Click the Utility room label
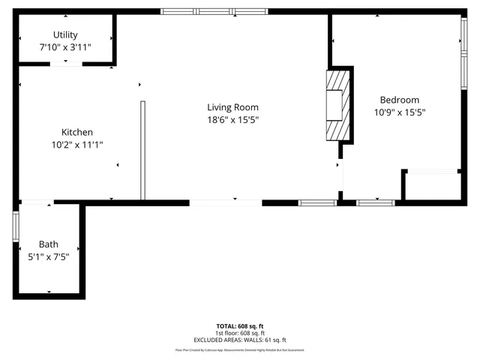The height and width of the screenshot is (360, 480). point(65,34)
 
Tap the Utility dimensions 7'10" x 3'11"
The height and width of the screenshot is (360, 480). point(65,46)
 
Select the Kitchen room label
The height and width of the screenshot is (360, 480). point(76,132)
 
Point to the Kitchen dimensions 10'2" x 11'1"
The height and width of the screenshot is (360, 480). point(76,144)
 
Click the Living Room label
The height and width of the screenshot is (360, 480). point(233,106)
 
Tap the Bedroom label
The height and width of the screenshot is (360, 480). point(399,100)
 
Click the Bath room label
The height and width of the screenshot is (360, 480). point(49,244)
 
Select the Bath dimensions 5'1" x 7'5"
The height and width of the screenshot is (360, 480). point(49,256)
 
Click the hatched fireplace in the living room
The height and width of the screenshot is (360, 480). point(337,105)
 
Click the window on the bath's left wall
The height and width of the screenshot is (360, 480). point(16,226)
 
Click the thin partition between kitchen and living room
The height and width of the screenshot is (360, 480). point(142,150)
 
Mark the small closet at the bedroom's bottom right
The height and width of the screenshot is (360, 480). point(432,185)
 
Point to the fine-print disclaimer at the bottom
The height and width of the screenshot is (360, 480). point(240,349)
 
